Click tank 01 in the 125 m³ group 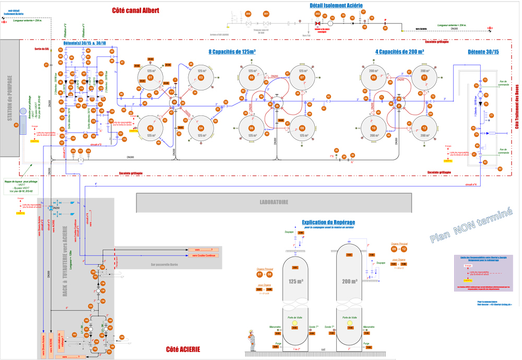(150, 77)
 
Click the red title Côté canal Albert (136, 10)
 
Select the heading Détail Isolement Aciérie (333, 5)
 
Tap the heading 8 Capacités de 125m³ (232, 52)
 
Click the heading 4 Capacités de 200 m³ (399, 52)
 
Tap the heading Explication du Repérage (328, 223)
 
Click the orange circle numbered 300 (248, 14)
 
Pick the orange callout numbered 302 (317, 14)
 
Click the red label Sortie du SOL (42, 49)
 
